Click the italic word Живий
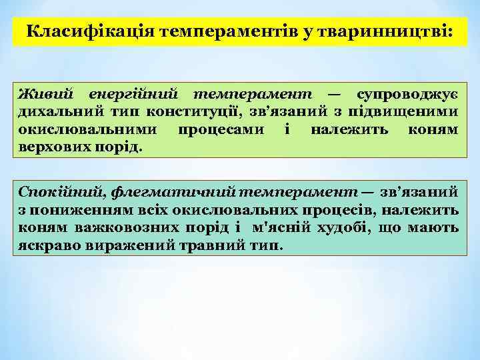[x=45, y=93]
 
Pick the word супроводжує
[x=408, y=93]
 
